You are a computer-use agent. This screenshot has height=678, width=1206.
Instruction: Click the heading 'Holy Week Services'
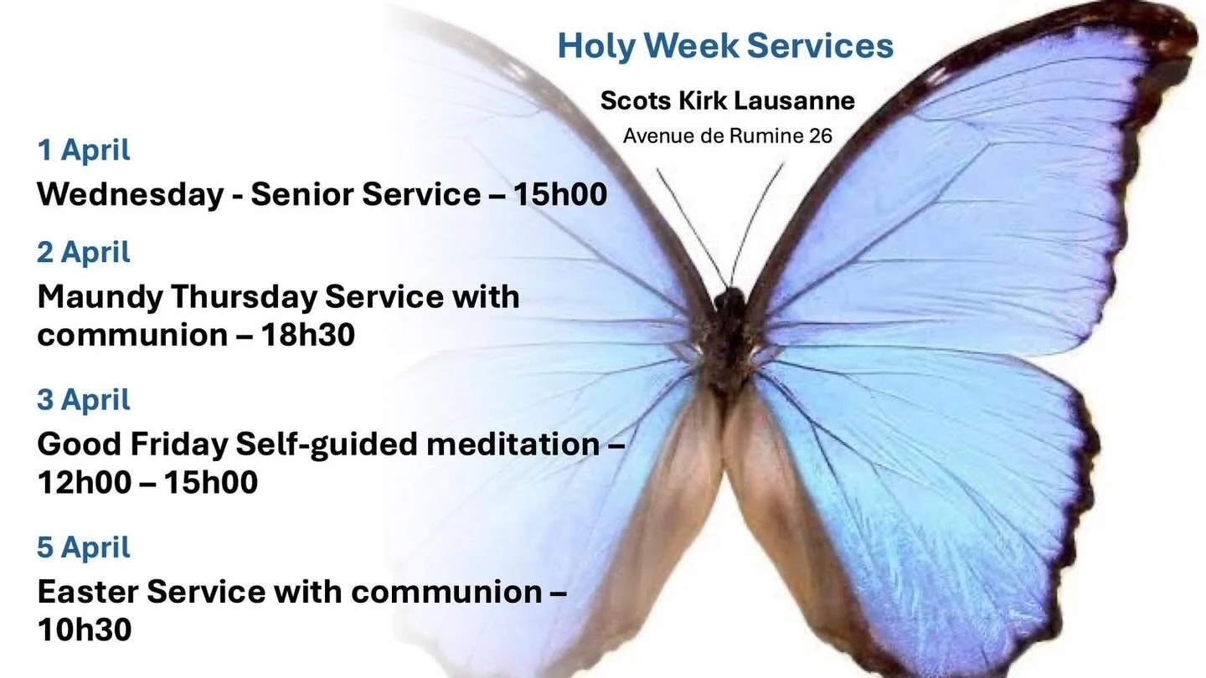click(725, 46)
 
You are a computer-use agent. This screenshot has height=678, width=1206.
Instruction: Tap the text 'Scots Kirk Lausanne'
click(727, 100)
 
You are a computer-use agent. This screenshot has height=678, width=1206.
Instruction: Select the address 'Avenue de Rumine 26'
click(727, 136)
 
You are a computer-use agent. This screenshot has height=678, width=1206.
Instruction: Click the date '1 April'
click(84, 151)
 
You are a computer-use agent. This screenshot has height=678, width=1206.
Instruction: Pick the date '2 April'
click(84, 252)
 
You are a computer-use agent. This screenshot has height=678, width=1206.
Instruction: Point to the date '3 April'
click(84, 400)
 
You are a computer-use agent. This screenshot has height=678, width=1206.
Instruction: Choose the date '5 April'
click(84, 547)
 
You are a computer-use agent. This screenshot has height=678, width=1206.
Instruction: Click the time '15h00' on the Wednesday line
click(559, 195)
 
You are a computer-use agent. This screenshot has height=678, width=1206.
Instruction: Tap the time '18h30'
click(307, 335)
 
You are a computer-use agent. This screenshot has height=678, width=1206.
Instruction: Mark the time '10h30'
click(84, 630)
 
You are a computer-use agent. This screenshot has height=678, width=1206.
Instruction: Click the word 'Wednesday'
click(130, 195)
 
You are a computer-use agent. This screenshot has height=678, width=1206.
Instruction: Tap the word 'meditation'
click(513, 444)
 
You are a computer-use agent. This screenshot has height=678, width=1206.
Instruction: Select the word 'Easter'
click(86, 593)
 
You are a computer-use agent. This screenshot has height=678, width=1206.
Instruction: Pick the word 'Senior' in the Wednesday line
click(302, 195)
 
